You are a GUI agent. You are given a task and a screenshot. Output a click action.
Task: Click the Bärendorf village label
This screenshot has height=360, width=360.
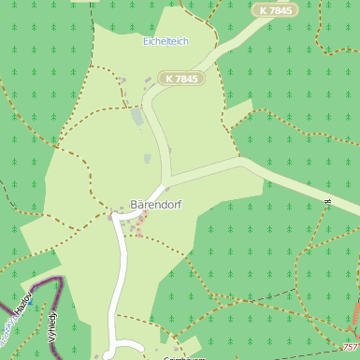point(155,204)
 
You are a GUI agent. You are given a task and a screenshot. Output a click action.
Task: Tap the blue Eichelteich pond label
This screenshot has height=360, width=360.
point(166,42)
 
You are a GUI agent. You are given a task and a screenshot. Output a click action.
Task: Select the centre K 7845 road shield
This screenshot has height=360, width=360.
point(181,79)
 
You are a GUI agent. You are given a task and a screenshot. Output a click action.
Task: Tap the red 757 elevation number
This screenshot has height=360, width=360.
point(350,347)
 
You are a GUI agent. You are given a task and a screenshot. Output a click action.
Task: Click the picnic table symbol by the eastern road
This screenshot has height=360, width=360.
point(328,201)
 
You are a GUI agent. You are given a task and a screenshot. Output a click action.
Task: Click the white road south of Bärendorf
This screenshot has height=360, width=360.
point(120,281)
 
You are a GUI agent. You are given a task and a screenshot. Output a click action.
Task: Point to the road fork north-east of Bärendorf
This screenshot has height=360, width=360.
point(167,179)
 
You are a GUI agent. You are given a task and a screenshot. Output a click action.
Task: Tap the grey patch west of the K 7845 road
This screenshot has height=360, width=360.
point(138,117)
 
